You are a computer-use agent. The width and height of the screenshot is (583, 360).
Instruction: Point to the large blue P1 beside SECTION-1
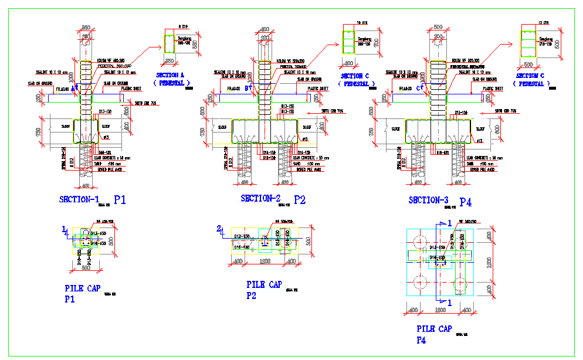(x=120, y=200)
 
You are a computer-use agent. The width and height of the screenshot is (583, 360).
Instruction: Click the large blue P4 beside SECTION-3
(x=466, y=202)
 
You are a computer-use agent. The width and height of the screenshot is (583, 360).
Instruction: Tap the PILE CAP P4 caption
(x=433, y=334)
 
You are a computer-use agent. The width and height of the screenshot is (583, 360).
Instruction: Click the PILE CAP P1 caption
(x=82, y=293)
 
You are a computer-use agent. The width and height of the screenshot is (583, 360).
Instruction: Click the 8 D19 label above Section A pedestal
(x=182, y=27)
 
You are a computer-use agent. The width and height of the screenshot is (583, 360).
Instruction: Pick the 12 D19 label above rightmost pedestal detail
(x=543, y=23)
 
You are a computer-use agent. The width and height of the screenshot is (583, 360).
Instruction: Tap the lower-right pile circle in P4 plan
(x=461, y=284)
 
